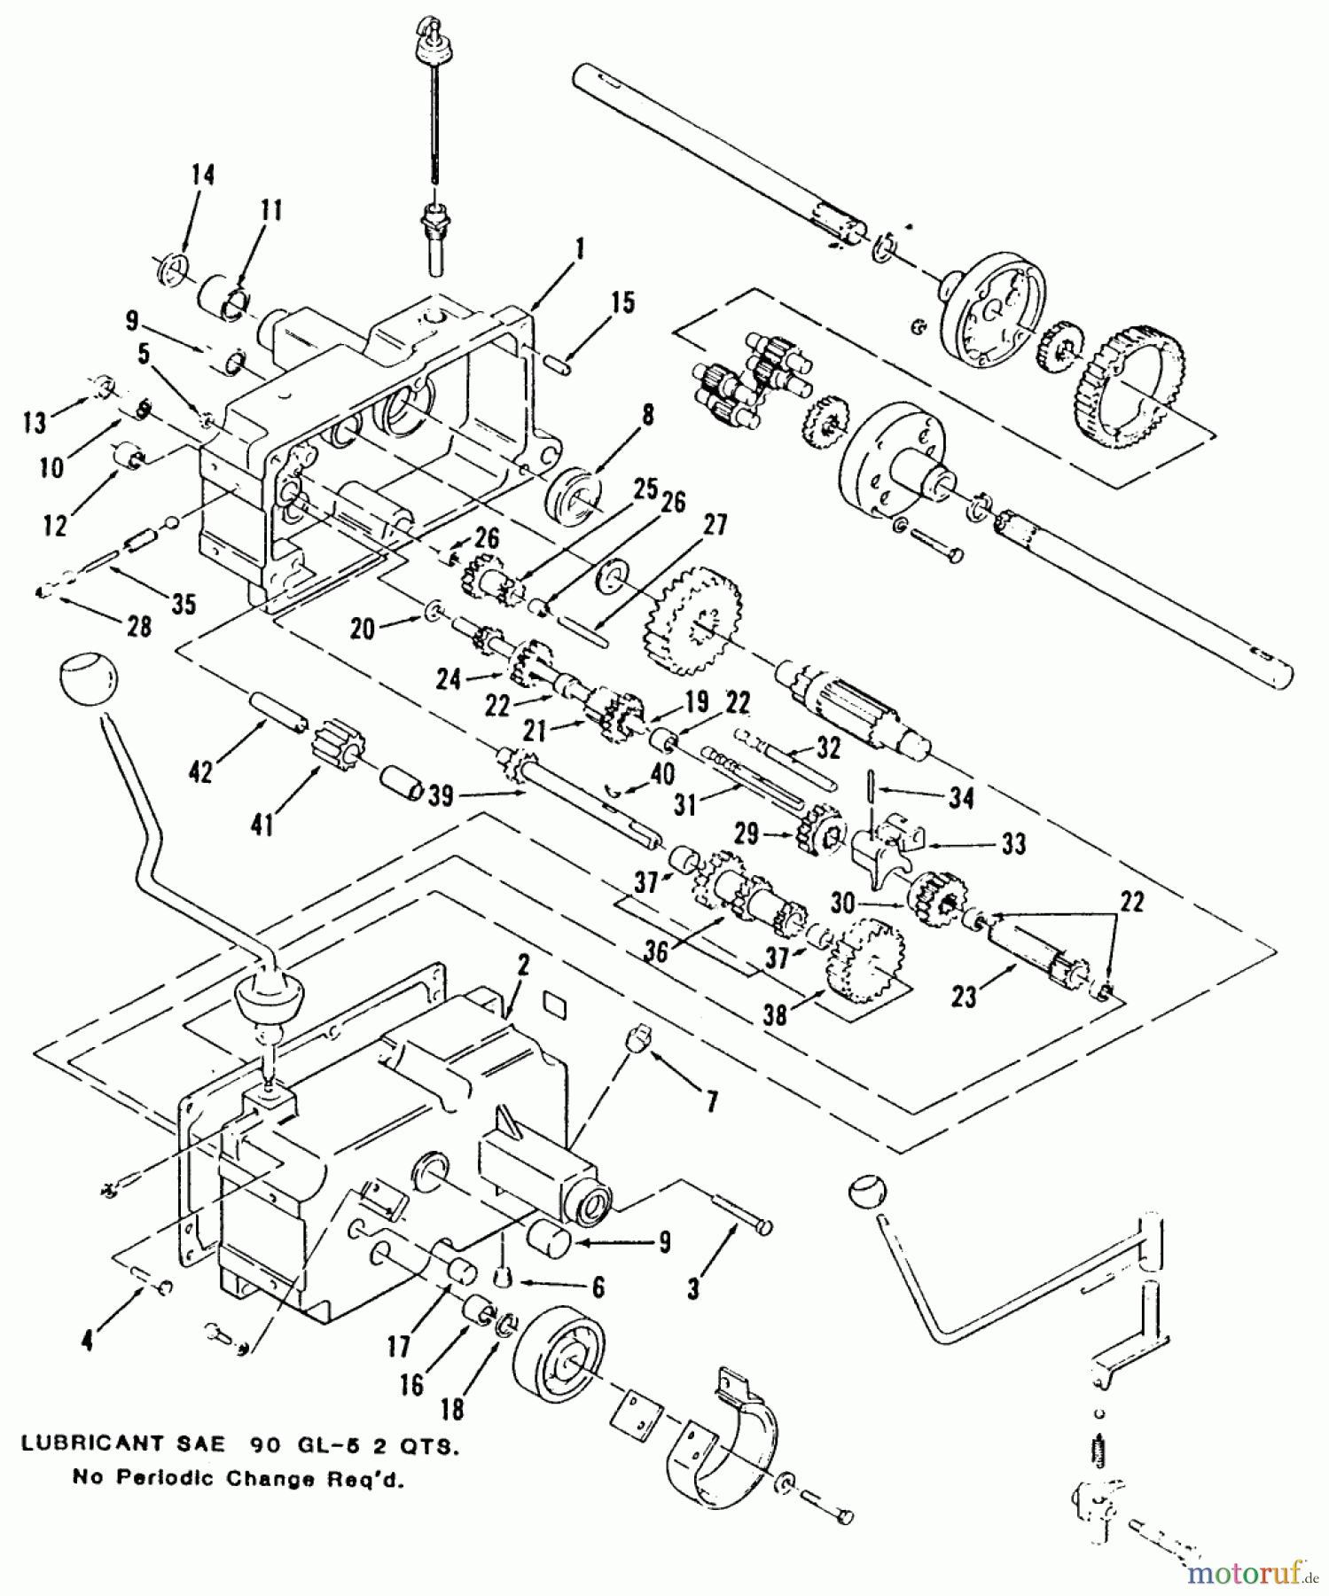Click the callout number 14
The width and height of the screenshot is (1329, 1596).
point(203,175)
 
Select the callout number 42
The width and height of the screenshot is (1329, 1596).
point(201,771)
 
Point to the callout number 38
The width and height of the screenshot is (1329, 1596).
point(775,1014)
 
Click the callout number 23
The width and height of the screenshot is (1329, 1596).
point(964,997)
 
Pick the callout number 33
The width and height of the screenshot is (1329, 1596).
point(1012,843)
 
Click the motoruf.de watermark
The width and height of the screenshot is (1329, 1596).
point(1248,1572)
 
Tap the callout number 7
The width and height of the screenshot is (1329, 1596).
point(712,1102)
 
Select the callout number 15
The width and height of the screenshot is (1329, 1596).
point(623,303)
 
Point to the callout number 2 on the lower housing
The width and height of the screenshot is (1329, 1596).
point(523,966)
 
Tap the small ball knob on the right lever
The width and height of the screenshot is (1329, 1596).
point(864,1191)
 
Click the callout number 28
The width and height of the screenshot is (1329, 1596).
point(140,628)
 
